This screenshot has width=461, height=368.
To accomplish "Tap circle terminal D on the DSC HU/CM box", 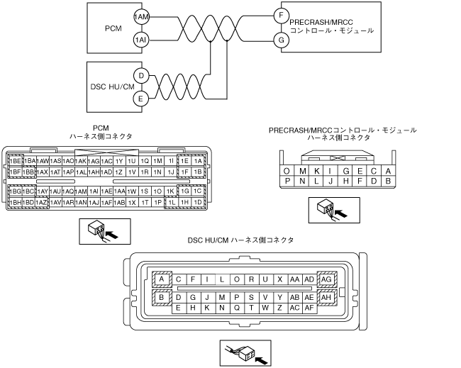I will (x=141, y=74).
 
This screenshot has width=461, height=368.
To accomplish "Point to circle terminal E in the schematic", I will (x=141, y=99).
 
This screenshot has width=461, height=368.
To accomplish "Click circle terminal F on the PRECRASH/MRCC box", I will (x=281, y=15).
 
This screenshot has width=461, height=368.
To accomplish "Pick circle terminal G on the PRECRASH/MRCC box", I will (x=281, y=41).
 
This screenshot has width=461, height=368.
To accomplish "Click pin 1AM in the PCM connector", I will (x=81, y=191).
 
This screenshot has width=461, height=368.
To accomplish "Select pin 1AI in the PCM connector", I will (x=94, y=191).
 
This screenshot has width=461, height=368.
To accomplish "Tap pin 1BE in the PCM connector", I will (x=14, y=161).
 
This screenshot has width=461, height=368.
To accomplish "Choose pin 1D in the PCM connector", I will (x=199, y=202).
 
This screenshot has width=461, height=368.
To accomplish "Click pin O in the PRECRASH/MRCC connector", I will (x=286, y=171).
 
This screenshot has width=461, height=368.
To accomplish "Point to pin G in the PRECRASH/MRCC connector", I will (x=345, y=171).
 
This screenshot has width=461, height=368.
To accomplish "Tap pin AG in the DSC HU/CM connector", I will (x=327, y=280).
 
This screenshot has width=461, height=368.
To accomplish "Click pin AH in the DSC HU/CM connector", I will (x=327, y=297).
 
